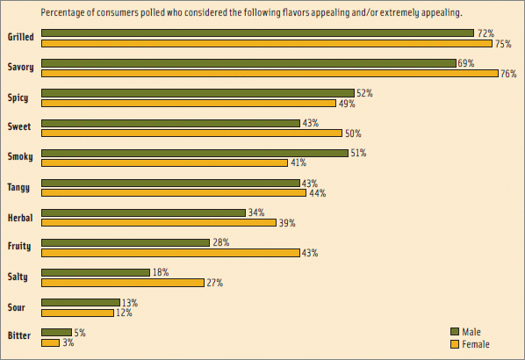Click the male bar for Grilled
[x=257, y=33]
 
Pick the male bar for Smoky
[x=195, y=153]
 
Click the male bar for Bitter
[x=56, y=332]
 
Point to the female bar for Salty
[x=123, y=283]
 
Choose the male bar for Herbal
[x=143, y=212]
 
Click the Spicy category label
[x=18, y=97]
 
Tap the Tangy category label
[x=18, y=187]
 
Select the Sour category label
[x=17, y=306]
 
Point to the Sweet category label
[x=18, y=127]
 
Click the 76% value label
[x=507, y=74]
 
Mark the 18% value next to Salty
[x=161, y=272]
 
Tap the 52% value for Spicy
[x=363, y=93]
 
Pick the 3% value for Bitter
[x=68, y=342]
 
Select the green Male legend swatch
[x=455, y=331]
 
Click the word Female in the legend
[x=476, y=344]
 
